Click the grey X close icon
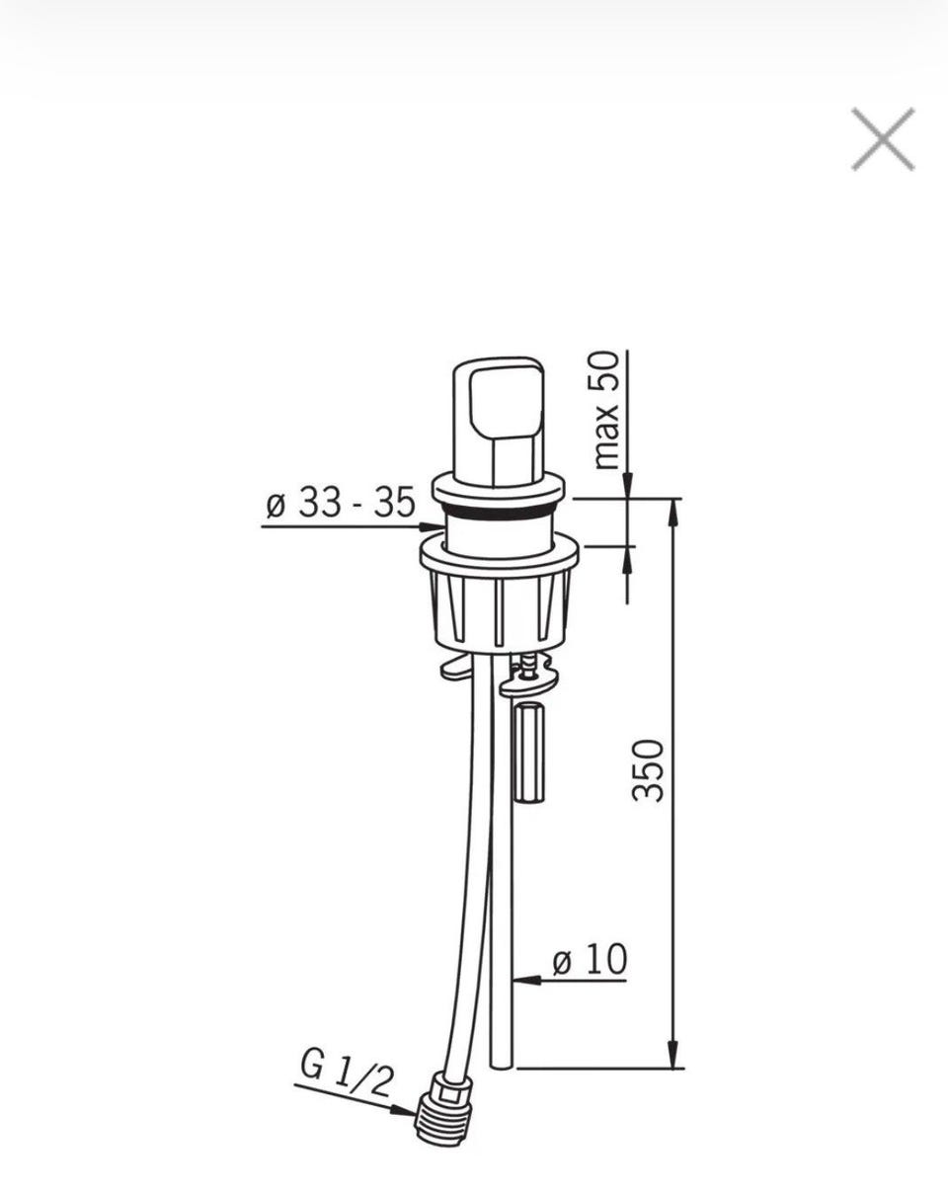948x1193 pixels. click(883, 139)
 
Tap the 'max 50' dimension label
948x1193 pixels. click(605, 410)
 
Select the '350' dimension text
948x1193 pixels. click(647, 770)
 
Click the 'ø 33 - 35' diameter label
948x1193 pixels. click(341, 502)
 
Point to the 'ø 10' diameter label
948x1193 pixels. click(590, 959)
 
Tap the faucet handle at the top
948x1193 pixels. click(498, 423)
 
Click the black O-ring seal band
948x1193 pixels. click(499, 511)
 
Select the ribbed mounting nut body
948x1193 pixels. click(500, 608)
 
